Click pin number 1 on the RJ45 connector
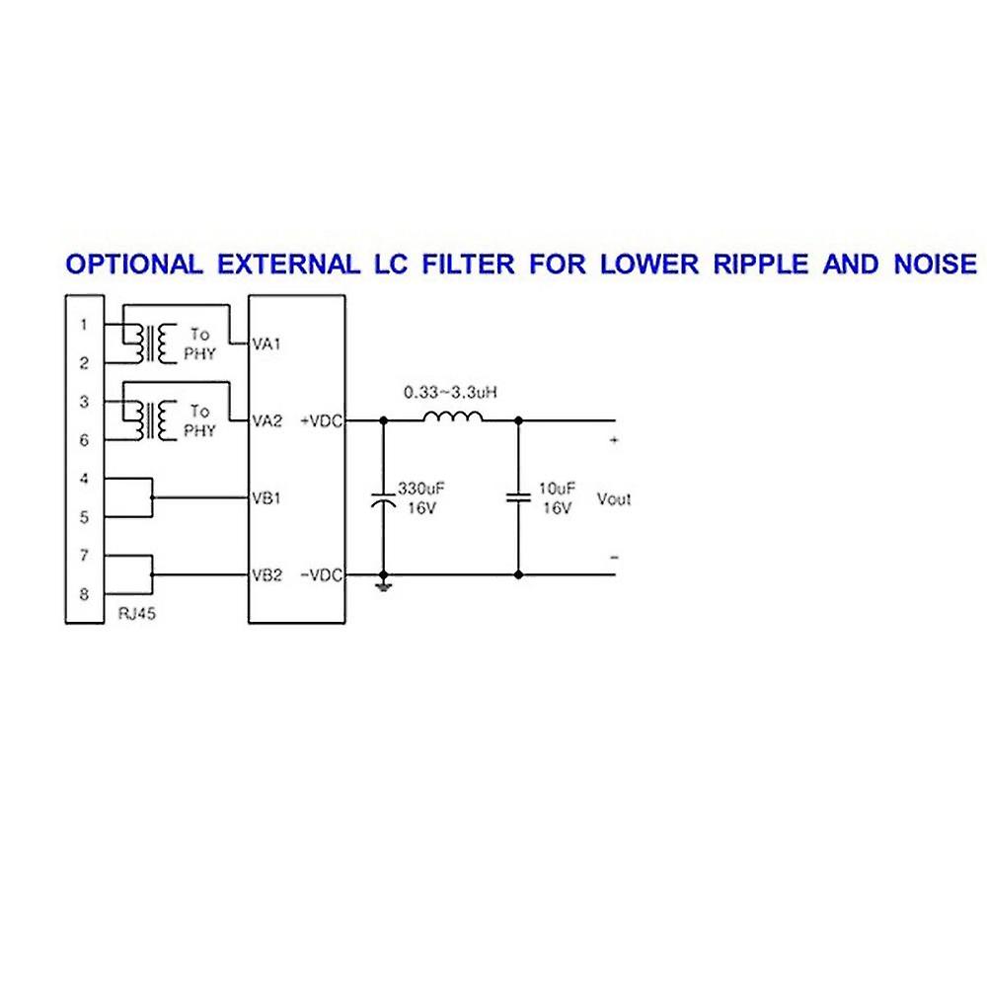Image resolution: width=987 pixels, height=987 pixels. [x=85, y=325]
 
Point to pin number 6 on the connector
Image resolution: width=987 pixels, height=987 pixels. [x=85, y=440]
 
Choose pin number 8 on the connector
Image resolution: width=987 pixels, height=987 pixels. [x=85, y=594]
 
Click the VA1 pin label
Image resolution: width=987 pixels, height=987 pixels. [x=267, y=343]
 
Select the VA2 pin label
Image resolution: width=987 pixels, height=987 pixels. [x=267, y=420]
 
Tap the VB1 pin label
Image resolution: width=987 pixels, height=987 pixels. [x=267, y=497]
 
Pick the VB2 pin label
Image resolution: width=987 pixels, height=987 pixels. [x=267, y=574]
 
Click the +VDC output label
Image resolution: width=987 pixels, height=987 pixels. [x=321, y=420]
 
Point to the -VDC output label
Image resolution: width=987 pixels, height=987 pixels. [x=321, y=574]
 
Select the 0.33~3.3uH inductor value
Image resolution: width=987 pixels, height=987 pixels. [x=451, y=392]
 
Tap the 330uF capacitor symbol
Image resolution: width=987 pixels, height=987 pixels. [x=383, y=499]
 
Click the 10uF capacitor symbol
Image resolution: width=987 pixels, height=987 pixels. [x=518, y=497]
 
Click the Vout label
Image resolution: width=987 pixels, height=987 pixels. [x=614, y=498]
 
